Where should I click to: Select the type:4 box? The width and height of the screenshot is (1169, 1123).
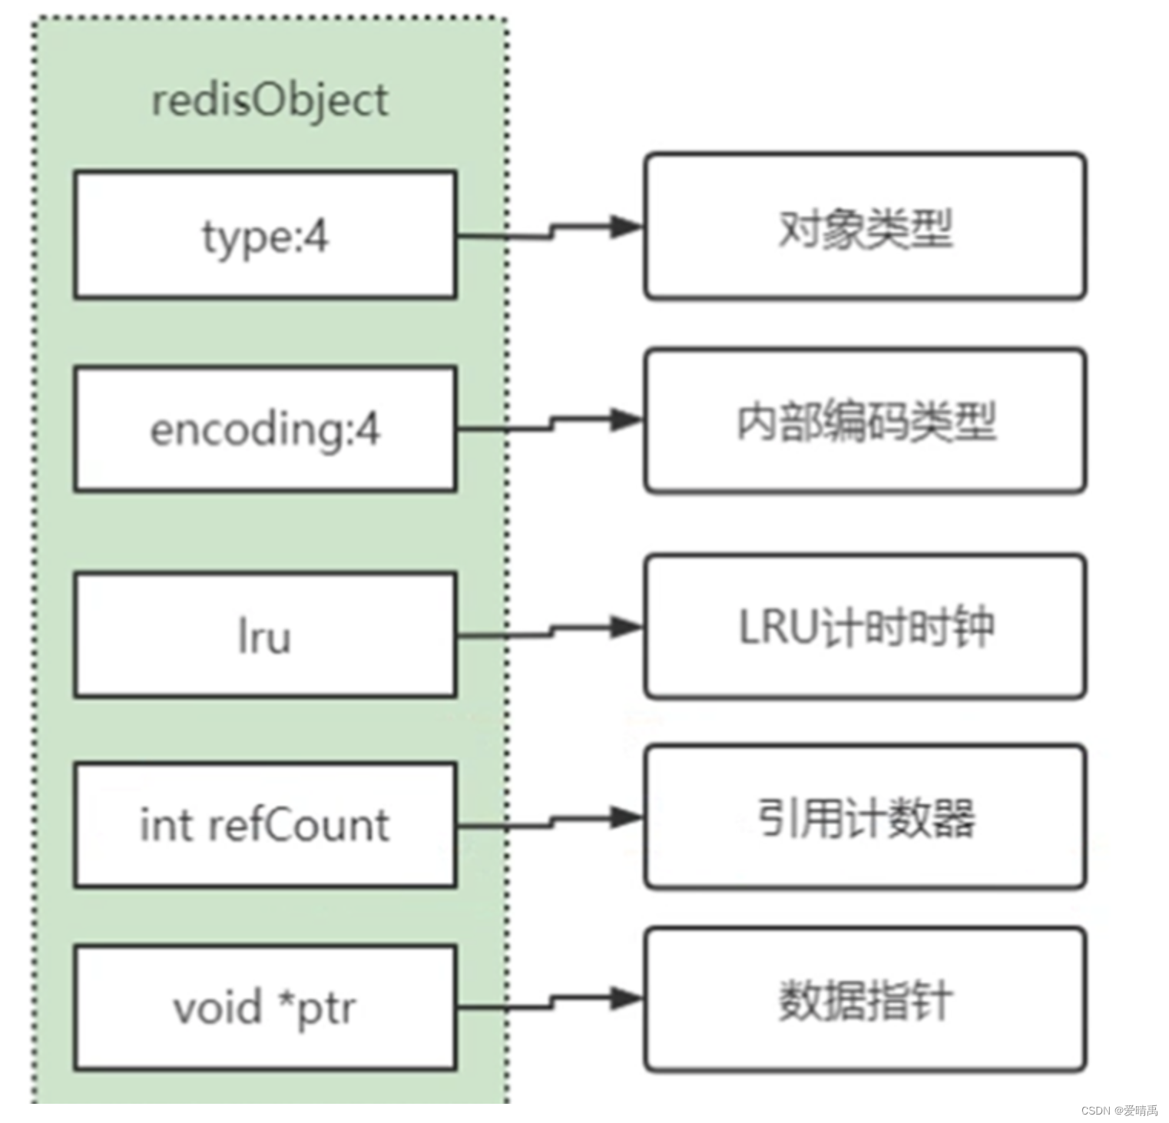[x=265, y=235]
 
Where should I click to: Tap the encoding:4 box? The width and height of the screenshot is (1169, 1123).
[x=265, y=429]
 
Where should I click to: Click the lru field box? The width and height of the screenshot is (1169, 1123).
[x=265, y=635]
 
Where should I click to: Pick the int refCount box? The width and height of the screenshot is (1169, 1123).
[x=265, y=825]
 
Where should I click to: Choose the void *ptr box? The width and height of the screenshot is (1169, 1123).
[x=265, y=1007]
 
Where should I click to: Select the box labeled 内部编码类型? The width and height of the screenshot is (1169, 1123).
[x=865, y=421]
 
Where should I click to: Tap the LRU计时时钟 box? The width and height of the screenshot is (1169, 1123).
[x=865, y=627]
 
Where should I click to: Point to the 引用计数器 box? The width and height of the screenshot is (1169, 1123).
[x=865, y=817]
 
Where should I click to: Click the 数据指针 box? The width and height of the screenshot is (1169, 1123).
[x=865, y=999]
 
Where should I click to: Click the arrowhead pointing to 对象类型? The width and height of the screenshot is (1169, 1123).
[x=626, y=226]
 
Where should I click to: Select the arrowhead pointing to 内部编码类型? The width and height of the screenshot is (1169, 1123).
[x=626, y=419]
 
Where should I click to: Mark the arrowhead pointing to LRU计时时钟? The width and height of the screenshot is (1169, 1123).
[x=626, y=626]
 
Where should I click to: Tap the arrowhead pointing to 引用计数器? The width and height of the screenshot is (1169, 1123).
[x=626, y=817]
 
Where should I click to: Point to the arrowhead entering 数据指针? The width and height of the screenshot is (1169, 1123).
[x=626, y=998]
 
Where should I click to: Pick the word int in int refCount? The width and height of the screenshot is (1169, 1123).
[x=165, y=825]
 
